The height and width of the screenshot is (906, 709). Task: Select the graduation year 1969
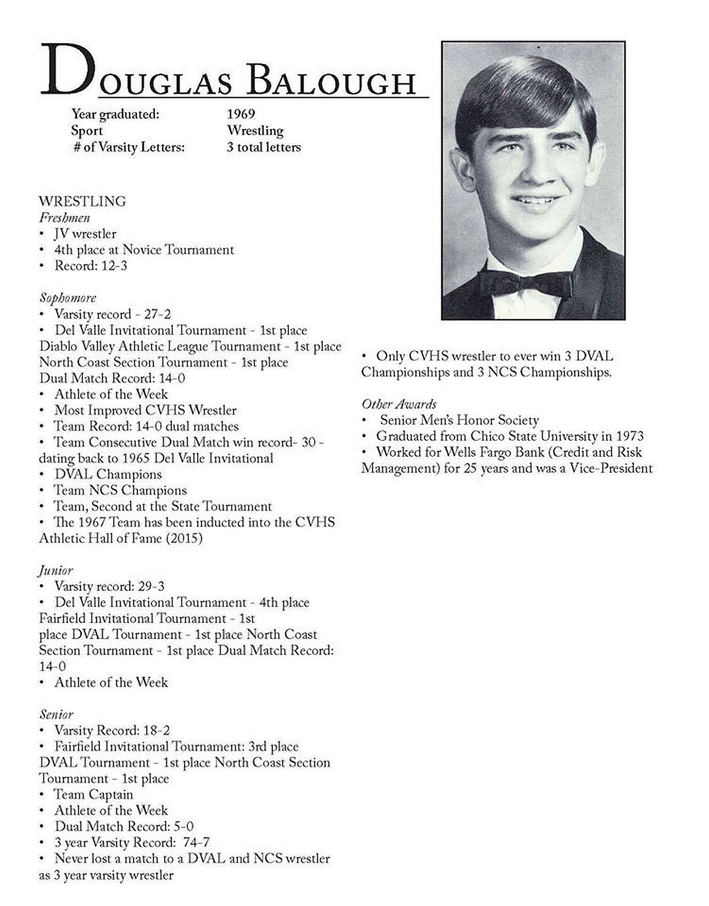pos(241,114)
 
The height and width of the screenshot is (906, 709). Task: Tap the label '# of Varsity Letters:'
pos(129,147)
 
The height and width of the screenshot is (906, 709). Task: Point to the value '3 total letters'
pos(264,147)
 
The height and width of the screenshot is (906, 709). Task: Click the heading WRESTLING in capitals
pos(82,202)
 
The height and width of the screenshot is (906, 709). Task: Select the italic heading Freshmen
pos(65,217)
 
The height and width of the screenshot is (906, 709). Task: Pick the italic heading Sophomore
pos(68,298)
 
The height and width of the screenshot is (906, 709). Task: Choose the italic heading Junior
pos(56,571)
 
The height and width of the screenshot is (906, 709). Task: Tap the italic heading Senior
pos(57,714)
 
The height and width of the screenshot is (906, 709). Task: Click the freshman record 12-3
pos(112,266)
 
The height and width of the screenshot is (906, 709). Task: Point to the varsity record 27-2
pos(157,314)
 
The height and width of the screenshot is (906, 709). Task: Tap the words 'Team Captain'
pos(93,795)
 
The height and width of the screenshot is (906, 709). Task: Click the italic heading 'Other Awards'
pos(399,404)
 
